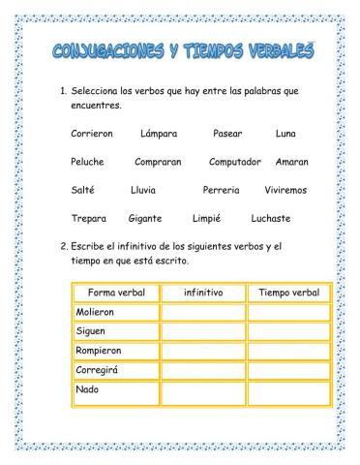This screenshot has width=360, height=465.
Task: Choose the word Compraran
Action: (158, 162)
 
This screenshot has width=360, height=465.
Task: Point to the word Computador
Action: (235, 162)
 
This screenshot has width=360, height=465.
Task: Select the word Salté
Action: (83, 190)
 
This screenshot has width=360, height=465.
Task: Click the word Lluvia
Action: (143, 190)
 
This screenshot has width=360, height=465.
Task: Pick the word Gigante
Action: (144, 218)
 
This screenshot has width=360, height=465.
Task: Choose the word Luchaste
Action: (270, 218)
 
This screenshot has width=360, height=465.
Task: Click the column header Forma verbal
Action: (115, 292)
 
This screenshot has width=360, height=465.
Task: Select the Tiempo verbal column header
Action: (288, 292)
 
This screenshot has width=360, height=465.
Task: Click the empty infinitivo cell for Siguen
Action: (203, 331)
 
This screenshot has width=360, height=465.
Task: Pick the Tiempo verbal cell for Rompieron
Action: (288, 350)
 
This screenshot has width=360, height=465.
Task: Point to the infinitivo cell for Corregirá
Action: (203, 369)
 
